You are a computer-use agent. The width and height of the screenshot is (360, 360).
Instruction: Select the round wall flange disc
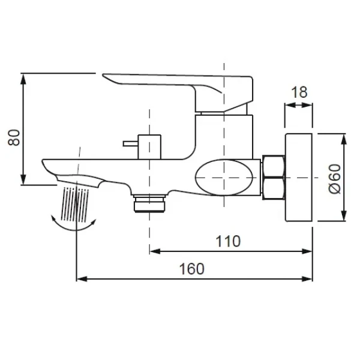click(299, 178)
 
